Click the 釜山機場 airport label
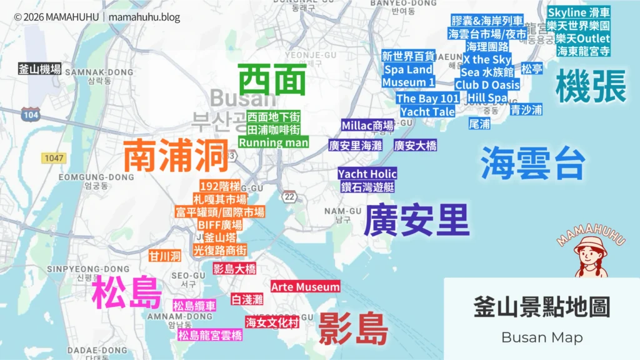(40, 69)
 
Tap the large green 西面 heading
(272, 81)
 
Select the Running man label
(274, 142)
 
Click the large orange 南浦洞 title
(176, 156)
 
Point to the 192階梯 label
(219, 186)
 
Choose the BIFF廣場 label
(219, 225)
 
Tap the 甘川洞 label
(165, 256)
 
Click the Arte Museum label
(306, 287)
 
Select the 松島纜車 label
(194, 306)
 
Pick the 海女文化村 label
(272, 322)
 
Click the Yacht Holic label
(367, 174)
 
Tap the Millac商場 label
(367, 126)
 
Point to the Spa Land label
(408, 69)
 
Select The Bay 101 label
(427, 99)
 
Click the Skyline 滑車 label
(579, 12)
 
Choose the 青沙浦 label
(526, 110)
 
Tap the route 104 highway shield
(30, 114)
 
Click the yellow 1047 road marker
(54, 158)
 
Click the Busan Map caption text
(541, 337)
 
